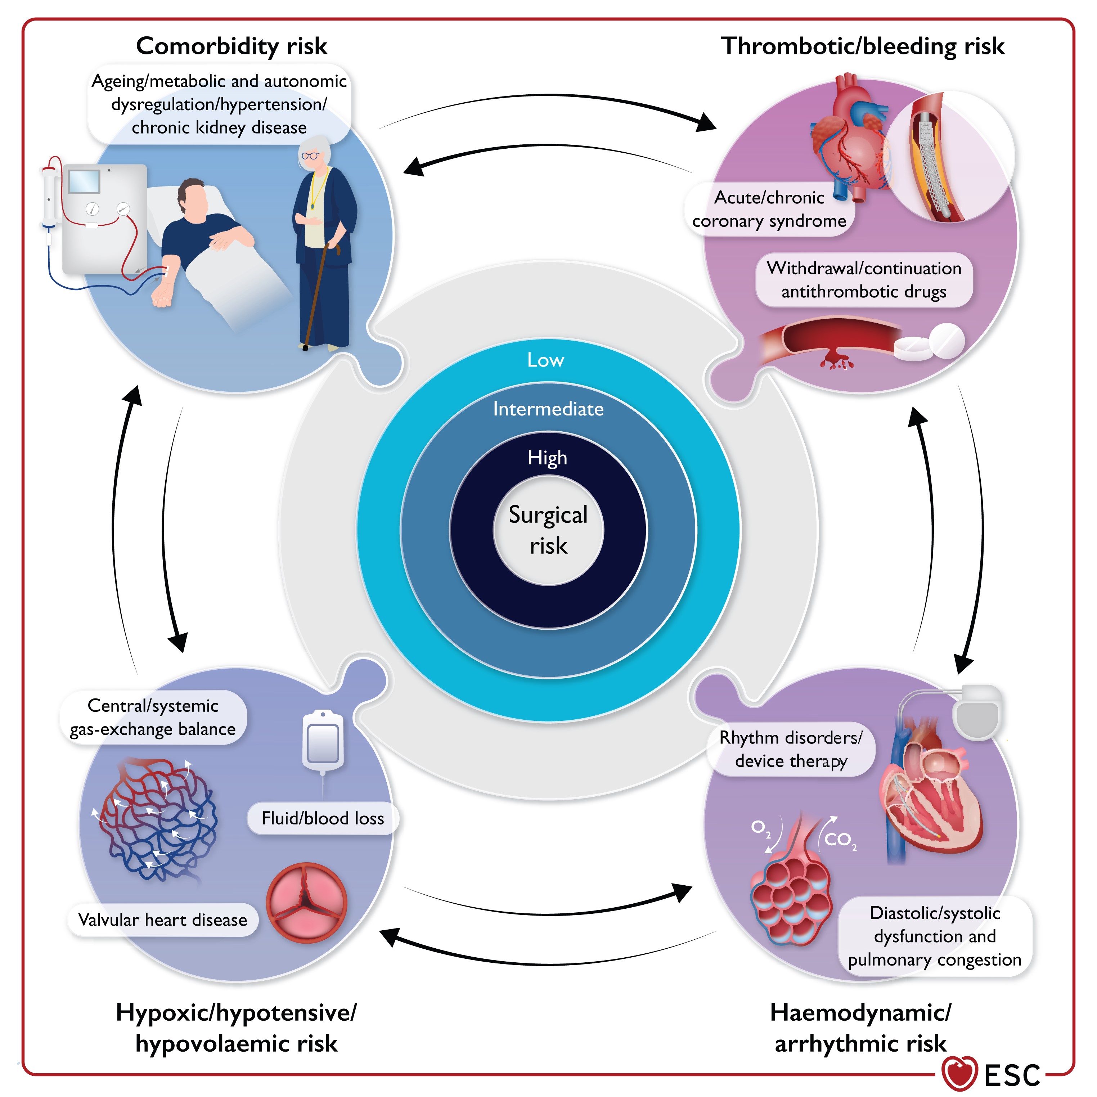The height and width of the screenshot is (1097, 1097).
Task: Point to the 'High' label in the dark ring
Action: point(547,458)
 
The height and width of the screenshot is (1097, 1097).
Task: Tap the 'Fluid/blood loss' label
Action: point(323,818)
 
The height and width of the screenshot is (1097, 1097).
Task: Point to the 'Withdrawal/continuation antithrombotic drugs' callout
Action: point(864,280)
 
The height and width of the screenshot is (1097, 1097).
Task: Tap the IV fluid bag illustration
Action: point(323,741)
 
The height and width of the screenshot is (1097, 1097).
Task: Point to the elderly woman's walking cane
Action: point(318,295)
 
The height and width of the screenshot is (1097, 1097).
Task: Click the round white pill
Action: point(947,341)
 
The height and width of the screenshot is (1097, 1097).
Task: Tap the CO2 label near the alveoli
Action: point(839,839)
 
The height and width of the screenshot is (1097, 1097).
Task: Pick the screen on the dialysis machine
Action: point(84,182)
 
